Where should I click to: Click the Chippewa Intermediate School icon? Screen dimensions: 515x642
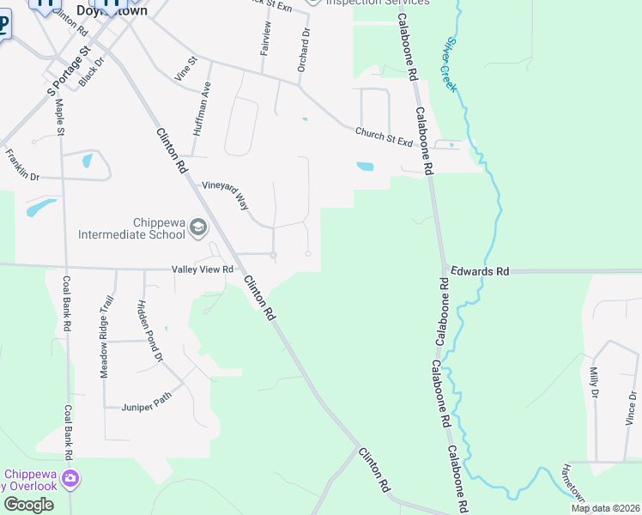[x=198, y=227]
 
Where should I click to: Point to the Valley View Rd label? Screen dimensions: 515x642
[x=203, y=270]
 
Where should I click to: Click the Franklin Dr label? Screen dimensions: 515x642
[x=22, y=165]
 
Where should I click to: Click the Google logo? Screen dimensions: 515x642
[x=28, y=505]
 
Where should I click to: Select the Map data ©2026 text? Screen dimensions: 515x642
[x=605, y=508]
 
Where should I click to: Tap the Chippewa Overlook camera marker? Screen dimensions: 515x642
[x=70, y=477]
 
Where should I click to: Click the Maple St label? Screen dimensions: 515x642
[x=60, y=117]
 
